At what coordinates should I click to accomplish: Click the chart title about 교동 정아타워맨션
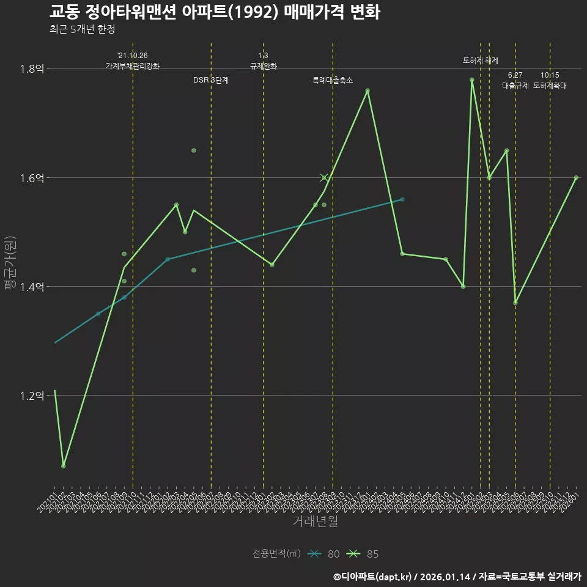[x=215, y=12]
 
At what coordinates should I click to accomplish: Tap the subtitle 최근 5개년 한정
[x=82, y=29]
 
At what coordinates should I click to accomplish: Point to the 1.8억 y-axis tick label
[x=32, y=69]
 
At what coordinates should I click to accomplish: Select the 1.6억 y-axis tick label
[x=32, y=178]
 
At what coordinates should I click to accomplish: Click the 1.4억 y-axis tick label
[x=32, y=287]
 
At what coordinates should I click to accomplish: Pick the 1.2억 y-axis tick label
[x=32, y=396]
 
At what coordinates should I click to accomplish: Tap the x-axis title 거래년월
[x=315, y=522]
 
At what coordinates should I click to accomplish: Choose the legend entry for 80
[x=324, y=554]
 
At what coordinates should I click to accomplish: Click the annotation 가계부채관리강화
[x=133, y=66]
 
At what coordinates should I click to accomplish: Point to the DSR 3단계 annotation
[x=211, y=80]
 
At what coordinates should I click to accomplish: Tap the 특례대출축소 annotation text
[x=333, y=80]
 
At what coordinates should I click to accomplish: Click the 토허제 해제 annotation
[x=481, y=61]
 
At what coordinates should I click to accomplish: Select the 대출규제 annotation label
[x=515, y=86]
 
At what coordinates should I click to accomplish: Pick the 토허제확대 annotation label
[x=550, y=86]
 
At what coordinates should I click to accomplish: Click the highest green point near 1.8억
[x=472, y=79]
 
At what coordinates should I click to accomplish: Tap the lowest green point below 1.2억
[x=64, y=467]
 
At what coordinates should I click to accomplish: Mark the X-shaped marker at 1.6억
[x=324, y=178]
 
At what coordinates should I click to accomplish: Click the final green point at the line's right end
[x=576, y=178]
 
